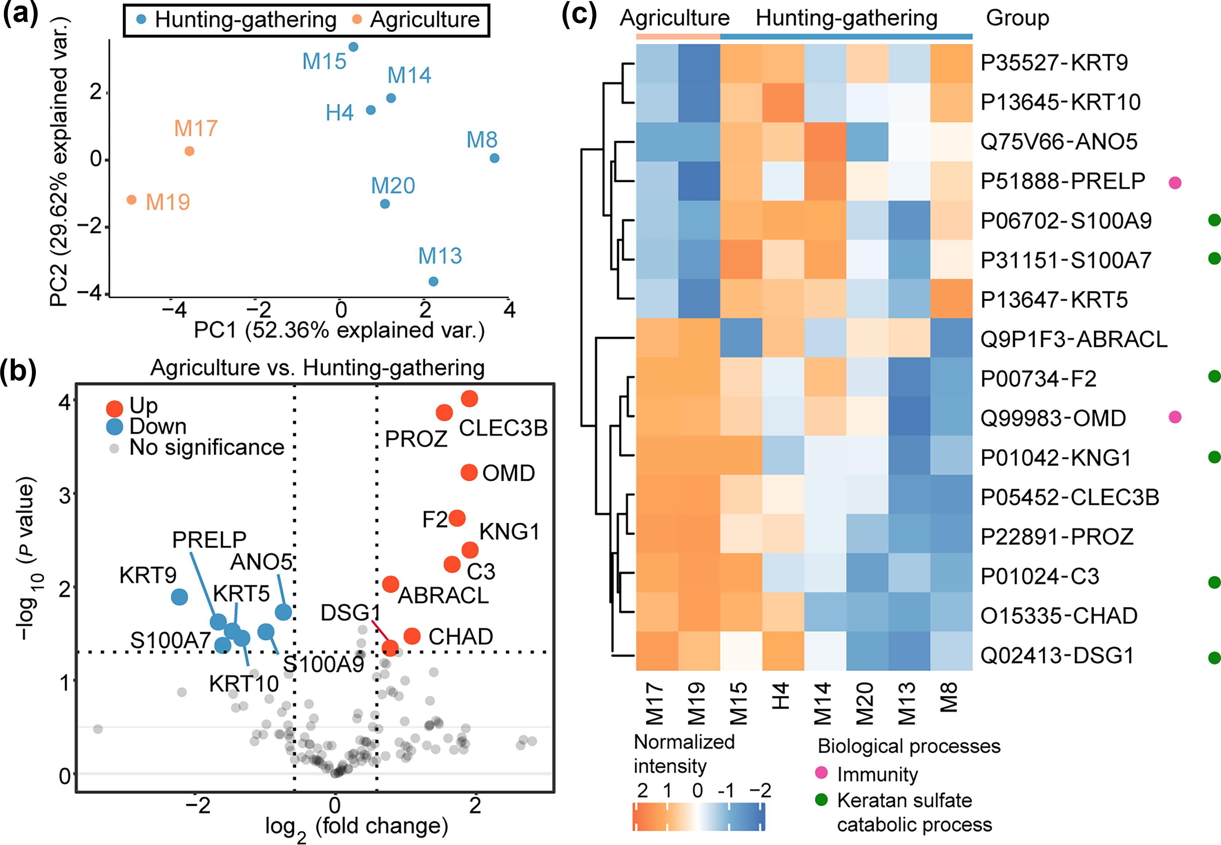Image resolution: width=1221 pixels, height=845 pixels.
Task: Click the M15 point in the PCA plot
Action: (x=353, y=47)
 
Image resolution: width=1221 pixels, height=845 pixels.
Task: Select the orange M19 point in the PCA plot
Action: (x=132, y=199)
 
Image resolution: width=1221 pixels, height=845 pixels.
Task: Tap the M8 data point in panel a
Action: (x=494, y=158)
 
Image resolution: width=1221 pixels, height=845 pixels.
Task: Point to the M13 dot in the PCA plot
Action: (x=433, y=281)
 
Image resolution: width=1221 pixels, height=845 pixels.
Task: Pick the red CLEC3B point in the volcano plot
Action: (x=469, y=399)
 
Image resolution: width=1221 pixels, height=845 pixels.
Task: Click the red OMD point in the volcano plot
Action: (x=469, y=472)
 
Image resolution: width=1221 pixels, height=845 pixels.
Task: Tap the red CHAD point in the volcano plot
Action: (x=412, y=636)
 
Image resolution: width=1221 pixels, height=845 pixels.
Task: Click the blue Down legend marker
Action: (x=115, y=427)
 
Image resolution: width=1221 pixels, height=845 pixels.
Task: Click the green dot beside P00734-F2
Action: (x=1214, y=376)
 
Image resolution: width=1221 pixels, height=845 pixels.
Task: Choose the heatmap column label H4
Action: (x=782, y=696)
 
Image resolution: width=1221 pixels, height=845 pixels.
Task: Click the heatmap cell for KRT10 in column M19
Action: (x=699, y=102)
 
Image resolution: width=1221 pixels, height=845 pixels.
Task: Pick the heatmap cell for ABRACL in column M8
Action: (x=951, y=338)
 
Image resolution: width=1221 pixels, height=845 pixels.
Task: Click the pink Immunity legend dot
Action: (x=821, y=774)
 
